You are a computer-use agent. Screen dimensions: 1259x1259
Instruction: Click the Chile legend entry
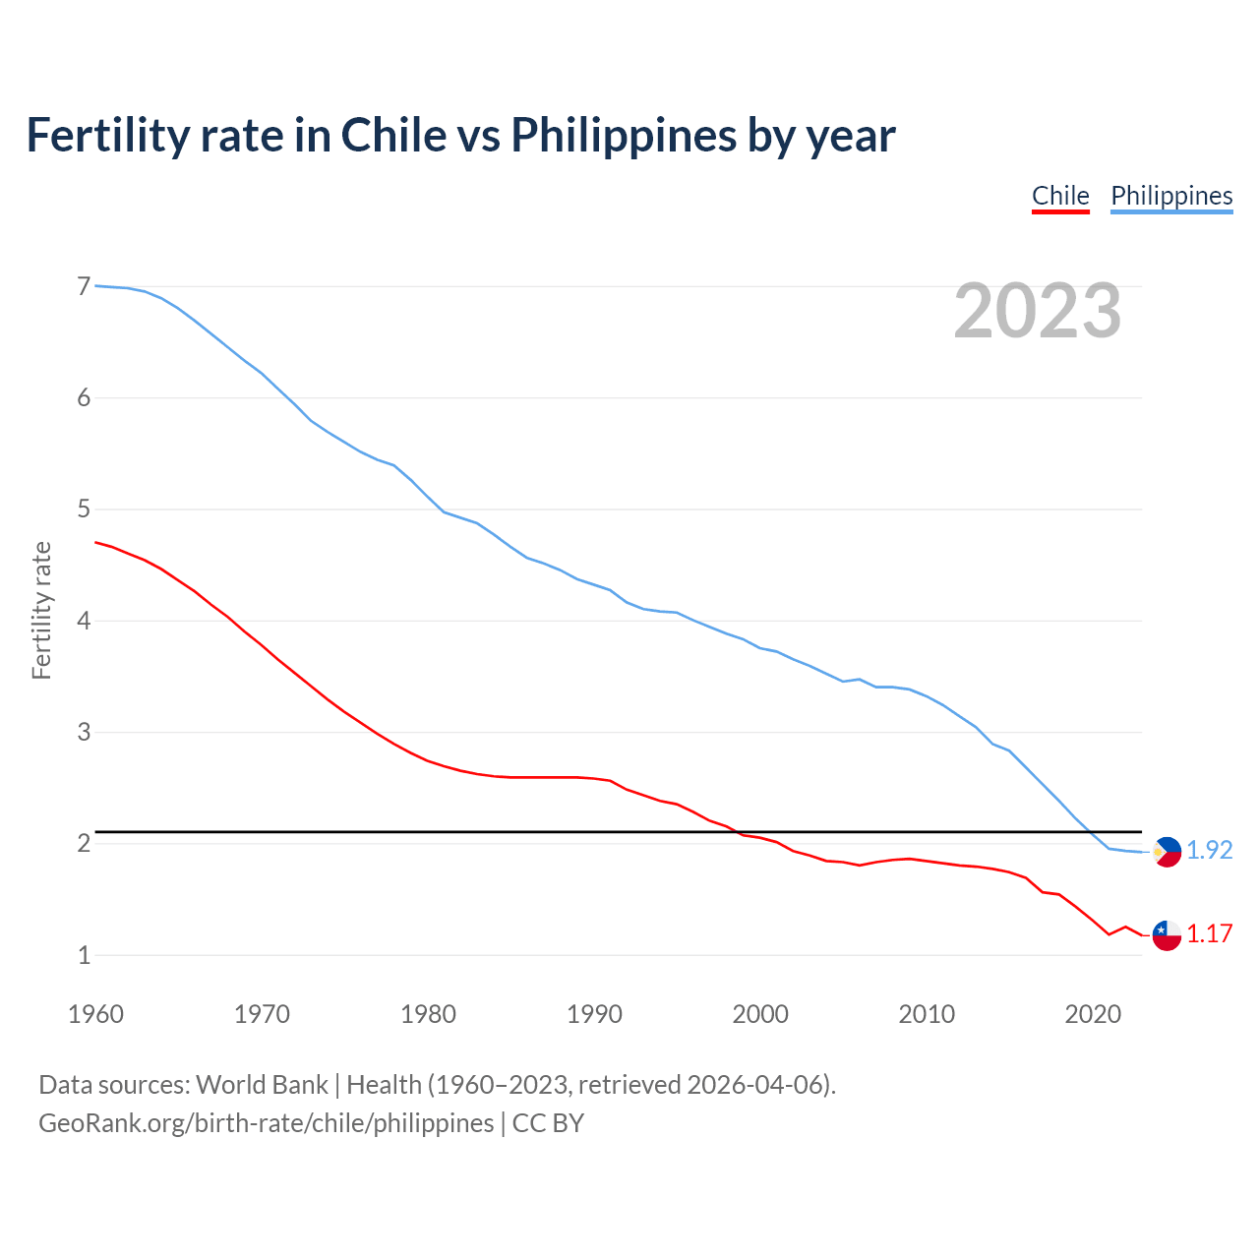tap(1060, 196)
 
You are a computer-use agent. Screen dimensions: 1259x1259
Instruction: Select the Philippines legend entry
tap(1171, 196)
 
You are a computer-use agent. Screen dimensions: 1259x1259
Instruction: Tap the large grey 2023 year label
tap(1038, 311)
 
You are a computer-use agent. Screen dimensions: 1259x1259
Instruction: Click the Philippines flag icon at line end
tap(1167, 851)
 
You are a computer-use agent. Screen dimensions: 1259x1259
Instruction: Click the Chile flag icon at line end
tap(1167, 934)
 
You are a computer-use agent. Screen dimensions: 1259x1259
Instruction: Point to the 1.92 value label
tap(1210, 850)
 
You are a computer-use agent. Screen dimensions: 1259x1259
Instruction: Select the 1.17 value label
tap(1210, 933)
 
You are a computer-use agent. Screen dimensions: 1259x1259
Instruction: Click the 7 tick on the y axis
tap(84, 286)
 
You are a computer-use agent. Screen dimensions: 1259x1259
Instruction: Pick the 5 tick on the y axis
tap(84, 510)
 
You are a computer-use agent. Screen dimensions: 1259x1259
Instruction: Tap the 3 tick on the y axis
tap(84, 732)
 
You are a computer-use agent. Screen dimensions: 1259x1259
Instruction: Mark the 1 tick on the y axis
tap(84, 955)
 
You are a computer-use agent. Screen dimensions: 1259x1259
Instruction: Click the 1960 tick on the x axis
tap(95, 1014)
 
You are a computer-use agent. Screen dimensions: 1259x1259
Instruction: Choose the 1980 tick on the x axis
tap(428, 1014)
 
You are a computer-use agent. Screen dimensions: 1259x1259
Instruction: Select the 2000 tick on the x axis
tap(760, 1014)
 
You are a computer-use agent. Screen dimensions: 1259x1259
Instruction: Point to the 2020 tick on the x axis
tap(1093, 1014)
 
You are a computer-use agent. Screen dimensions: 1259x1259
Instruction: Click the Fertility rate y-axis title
tap(41, 610)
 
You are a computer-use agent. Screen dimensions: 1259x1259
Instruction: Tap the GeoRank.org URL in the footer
tap(266, 1122)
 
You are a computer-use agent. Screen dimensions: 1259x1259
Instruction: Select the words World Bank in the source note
tap(262, 1084)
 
